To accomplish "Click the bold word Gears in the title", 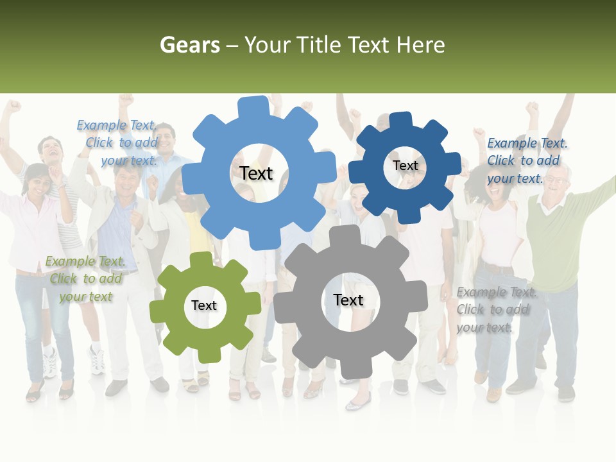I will click(x=189, y=45).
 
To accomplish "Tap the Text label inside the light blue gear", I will click(x=256, y=173).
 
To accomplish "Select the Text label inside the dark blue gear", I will click(x=405, y=166).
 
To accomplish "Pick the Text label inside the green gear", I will click(x=204, y=306).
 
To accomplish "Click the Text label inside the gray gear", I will click(x=348, y=300).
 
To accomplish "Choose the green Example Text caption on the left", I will click(x=85, y=278).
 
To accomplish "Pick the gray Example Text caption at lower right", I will click(x=495, y=310).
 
